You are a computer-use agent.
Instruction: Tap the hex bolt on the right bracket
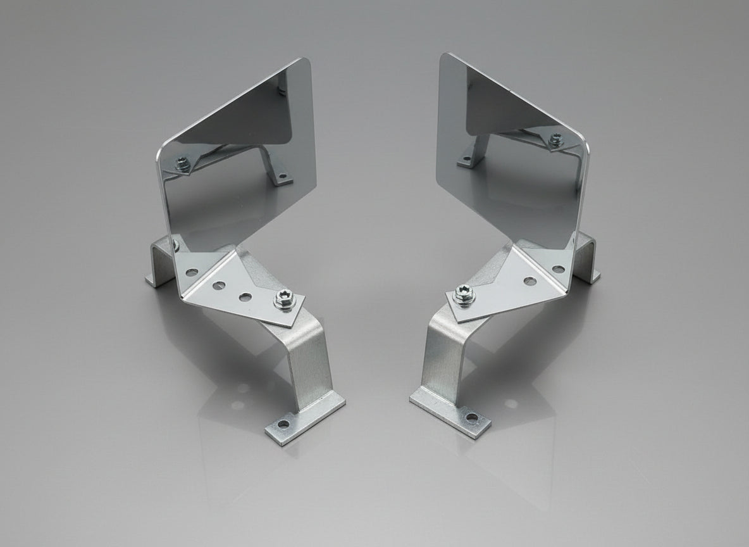(464, 292)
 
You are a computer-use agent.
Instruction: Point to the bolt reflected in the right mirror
(556, 139)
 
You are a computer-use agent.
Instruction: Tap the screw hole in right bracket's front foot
(471, 418)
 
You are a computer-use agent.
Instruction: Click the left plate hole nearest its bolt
(244, 296)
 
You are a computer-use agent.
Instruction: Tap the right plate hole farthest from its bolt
(558, 269)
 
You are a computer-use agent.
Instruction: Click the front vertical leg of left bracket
(313, 367)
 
